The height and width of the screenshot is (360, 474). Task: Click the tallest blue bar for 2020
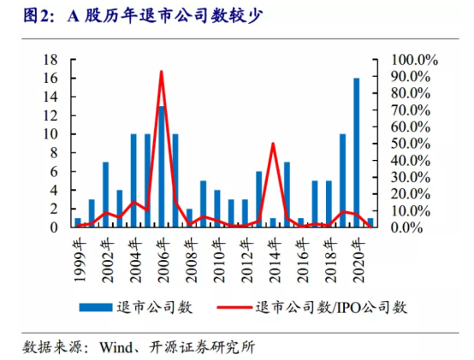(357, 152)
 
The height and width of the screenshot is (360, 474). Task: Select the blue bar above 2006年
(162, 167)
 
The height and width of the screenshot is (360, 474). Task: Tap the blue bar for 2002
(105, 194)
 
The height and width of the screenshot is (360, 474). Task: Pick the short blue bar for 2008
(189, 218)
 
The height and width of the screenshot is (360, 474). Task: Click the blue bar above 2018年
(329, 204)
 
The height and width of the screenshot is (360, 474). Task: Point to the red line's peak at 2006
(162, 72)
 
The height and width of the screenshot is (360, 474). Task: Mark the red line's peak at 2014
(273, 144)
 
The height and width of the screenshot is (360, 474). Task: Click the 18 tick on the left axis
(50, 60)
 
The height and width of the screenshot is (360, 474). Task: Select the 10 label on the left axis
(50, 134)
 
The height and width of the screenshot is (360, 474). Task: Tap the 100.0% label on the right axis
(414, 60)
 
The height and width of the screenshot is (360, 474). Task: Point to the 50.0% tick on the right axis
(411, 144)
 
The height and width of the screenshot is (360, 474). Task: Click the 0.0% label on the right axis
(406, 227)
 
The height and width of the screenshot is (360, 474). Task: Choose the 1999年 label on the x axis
(80, 260)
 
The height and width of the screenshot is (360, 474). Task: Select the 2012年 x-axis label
(247, 260)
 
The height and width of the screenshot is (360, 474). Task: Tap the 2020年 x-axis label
(359, 260)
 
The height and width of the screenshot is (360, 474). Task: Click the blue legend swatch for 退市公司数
(96, 308)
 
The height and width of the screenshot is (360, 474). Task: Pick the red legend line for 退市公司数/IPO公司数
(234, 308)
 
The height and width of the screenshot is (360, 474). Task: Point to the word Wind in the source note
(116, 347)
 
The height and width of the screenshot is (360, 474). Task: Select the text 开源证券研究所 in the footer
(202, 347)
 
